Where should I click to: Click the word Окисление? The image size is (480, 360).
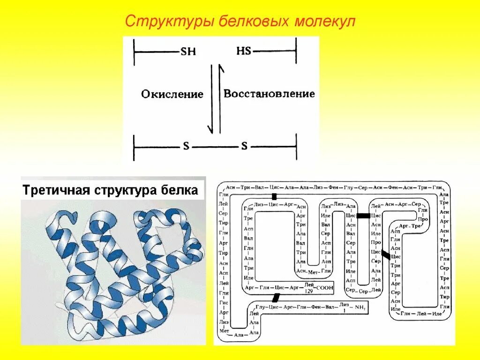coord(172,94)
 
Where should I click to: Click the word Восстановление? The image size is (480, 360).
coord(269,94)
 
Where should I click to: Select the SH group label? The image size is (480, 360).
coord(188,52)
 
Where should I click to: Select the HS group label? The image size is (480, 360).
coord(244,51)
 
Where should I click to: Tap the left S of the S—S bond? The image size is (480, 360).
coord(186,146)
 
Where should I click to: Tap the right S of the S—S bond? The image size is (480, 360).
coord(244,146)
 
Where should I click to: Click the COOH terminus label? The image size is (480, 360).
coord(324,287)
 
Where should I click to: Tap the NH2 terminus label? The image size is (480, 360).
coord(360,307)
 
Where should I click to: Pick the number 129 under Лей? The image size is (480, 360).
coord(308,291)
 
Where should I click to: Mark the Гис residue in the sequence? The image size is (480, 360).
coord(224,302)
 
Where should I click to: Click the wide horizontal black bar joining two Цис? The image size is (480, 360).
coord(363,216)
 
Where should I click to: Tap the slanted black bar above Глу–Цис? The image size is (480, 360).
coord(277,297)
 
